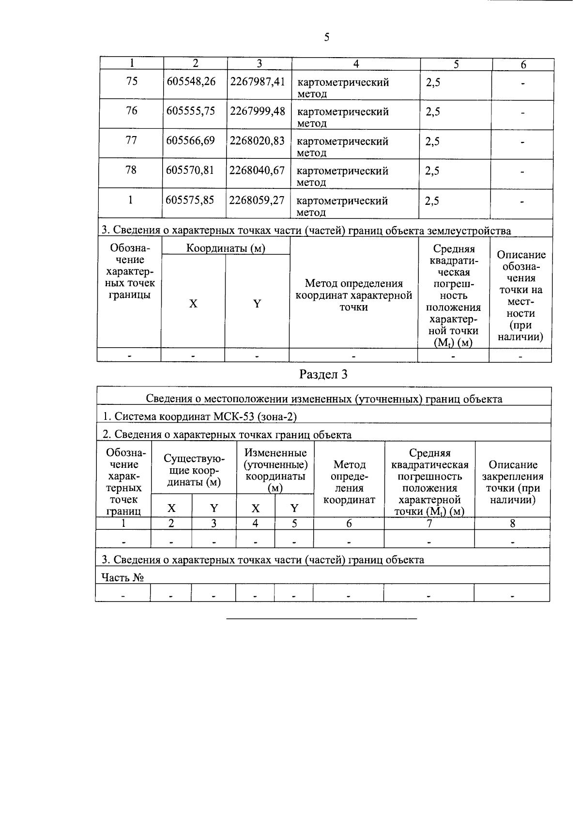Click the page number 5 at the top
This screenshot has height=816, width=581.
[327, 38]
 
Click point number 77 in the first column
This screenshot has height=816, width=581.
[131, 140]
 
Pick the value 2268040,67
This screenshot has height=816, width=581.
[257, 170]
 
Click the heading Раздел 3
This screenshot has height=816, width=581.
[323, 374]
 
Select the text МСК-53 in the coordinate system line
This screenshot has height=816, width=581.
[234, 416]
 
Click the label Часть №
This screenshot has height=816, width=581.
[122, 577]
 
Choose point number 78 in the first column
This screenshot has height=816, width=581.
[131, 170]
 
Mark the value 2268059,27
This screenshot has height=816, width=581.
[257, 200]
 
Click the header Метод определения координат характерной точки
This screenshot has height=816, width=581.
[354, 295]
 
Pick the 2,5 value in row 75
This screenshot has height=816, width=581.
[433, 83]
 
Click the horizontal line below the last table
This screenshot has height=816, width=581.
[321, 619]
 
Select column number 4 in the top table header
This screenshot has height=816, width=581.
[356, 64]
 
